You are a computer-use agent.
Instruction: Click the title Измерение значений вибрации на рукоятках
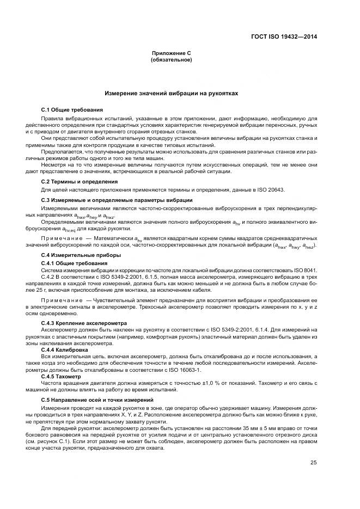tap(171, 94)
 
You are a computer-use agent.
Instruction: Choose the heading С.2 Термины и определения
tap(76, 181)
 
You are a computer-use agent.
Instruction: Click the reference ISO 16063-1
tap(183, 370)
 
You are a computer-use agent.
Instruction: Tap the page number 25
tap(314, 463)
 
